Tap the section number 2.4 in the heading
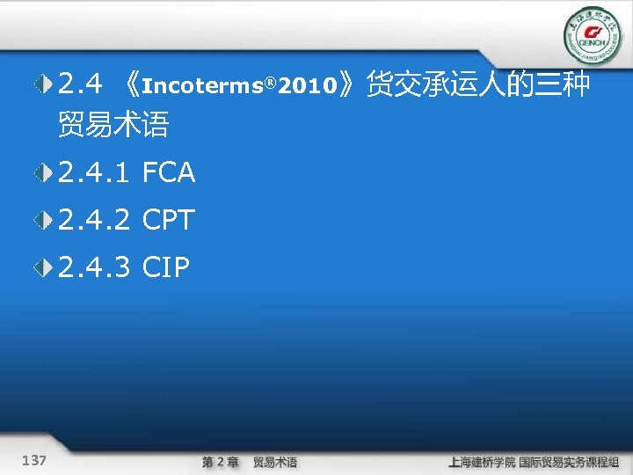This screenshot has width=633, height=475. [81, 85]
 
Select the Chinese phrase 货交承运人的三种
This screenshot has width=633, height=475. [478, 85]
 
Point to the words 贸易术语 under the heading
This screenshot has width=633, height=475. [113, 125]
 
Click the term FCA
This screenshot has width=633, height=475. [169, 173]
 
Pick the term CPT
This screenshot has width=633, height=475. [167, 221]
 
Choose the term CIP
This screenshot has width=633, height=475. [165, 267]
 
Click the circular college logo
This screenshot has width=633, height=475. [592, 36]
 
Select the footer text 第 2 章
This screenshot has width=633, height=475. [220, 462]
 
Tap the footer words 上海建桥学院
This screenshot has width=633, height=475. [481, 462]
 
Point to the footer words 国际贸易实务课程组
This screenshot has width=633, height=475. [568, 462]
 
